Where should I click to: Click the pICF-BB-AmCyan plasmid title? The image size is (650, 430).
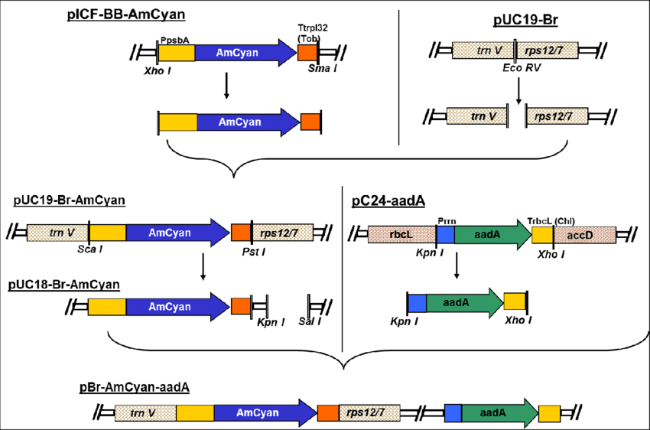[125, 14]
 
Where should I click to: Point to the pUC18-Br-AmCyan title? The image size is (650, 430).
[64, 284]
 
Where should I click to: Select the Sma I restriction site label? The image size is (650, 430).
[322, 69]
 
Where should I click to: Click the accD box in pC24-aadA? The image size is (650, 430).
[590, 235]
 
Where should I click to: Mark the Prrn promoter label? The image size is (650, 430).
[446, 220]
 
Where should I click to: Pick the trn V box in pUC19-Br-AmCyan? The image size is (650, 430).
[57, 233]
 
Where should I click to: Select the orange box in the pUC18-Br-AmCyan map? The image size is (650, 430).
[241, 307]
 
